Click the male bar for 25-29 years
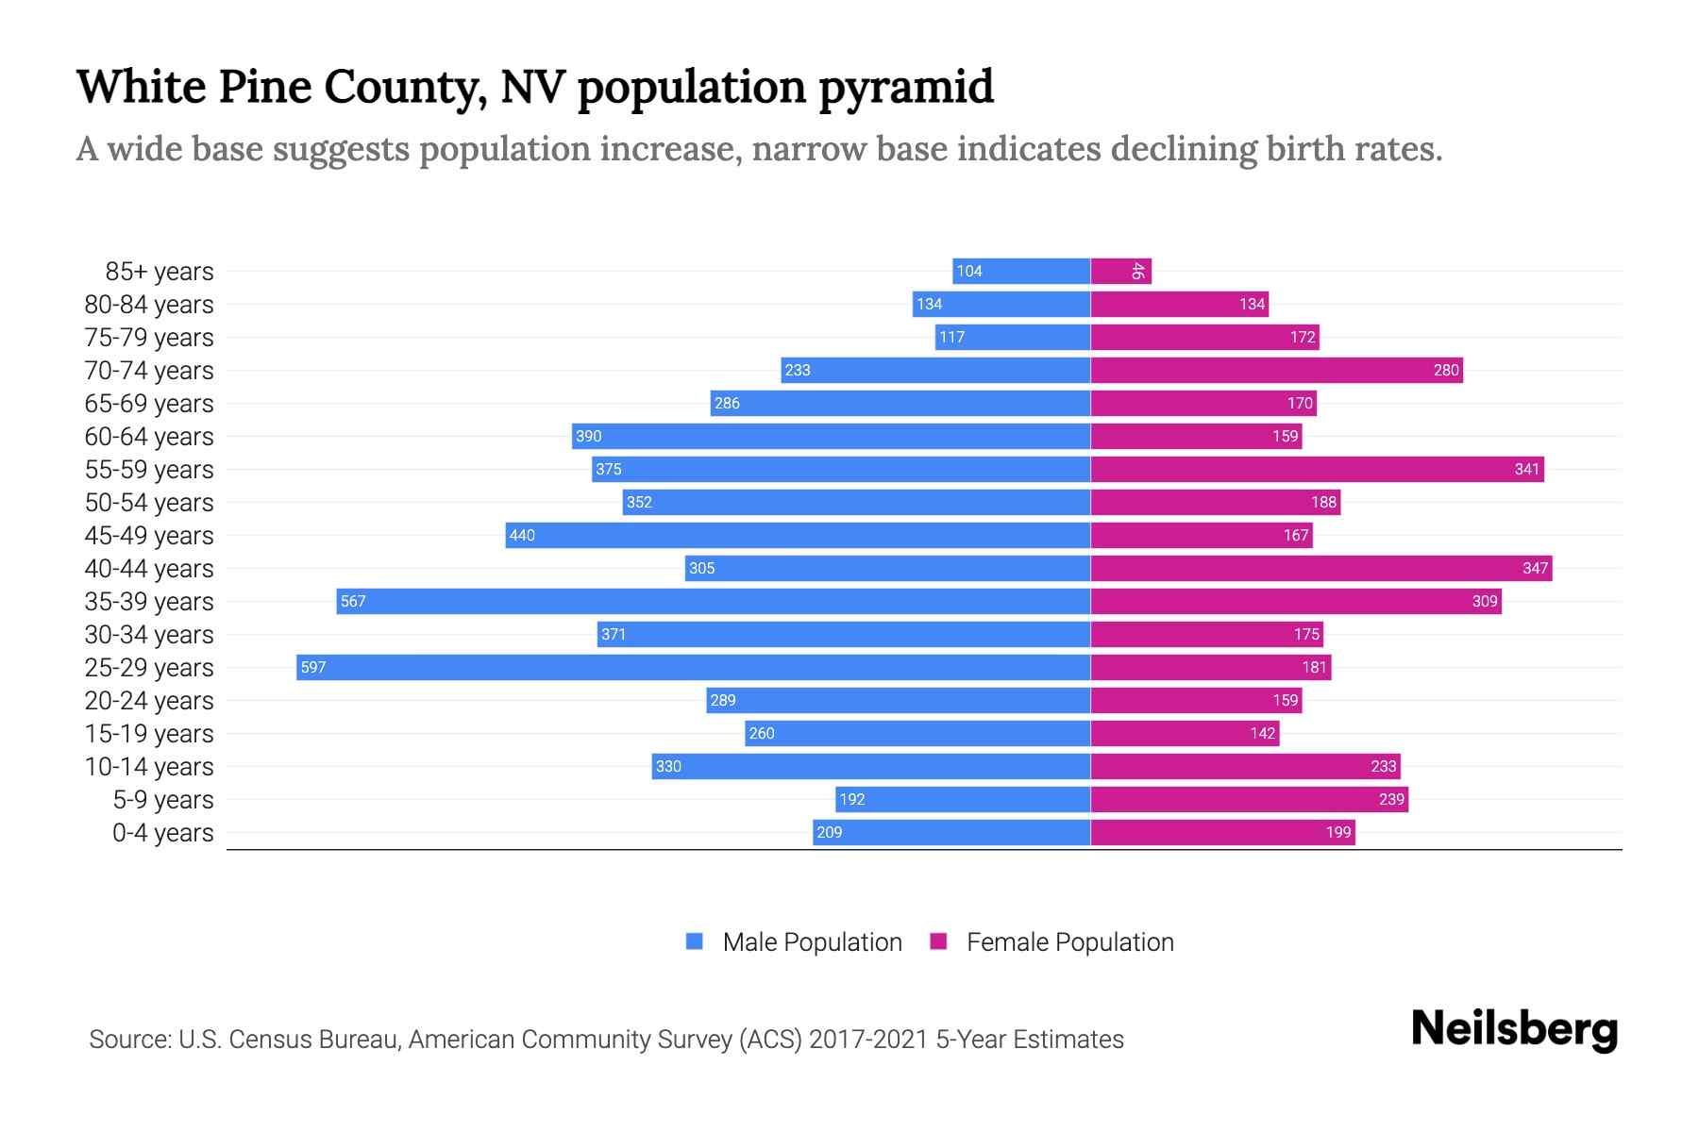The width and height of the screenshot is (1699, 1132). (694, 667)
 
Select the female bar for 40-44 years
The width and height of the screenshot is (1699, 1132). (1321, 568)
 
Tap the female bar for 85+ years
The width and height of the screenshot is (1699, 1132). (1120, 271)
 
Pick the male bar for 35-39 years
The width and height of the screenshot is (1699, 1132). (714, 601)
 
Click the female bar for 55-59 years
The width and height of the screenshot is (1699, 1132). (1318, 469)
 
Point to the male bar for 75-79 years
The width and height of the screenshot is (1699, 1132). (1013, 337)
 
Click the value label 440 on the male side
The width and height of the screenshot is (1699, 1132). (522, 536)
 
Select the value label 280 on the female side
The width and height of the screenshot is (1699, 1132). (1446, 371)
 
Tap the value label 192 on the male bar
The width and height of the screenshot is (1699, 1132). (852, 800)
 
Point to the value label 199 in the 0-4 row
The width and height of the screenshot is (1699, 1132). (1338, 833)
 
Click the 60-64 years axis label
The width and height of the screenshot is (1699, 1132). (149, 437)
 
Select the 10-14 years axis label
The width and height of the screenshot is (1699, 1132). (149, 767)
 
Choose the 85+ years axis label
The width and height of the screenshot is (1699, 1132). (160, 272)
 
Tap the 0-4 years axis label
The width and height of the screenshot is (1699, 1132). (162, 833)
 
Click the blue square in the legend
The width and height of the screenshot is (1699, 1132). (695, 941)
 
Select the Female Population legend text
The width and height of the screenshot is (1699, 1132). (1069, 942)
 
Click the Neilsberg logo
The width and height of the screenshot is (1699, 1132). (1514, 1029)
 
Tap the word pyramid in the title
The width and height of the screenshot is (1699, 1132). (905, 88)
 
